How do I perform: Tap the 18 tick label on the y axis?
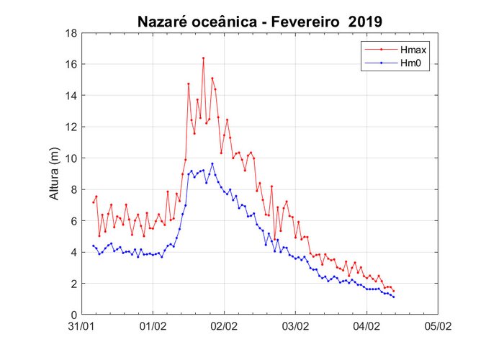point(71,33)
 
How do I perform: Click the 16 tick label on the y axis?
point(71,64)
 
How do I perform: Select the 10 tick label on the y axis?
point(71,158)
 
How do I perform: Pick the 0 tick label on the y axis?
point(74,315)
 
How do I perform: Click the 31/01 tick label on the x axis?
point(81,327)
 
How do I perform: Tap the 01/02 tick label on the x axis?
point(153,327)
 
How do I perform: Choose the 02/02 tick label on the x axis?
point(224,327)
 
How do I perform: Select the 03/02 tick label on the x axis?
point(295,327)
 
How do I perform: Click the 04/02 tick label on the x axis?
point(366,327)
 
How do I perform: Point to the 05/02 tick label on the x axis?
point(437,327)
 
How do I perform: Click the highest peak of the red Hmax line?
point(203,58)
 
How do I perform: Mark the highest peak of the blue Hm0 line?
point(212,163)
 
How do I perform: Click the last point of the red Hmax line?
point(394,291)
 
